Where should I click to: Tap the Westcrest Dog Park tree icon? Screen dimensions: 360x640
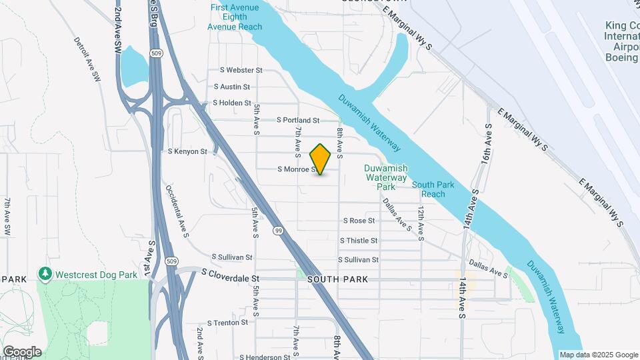point(45,274)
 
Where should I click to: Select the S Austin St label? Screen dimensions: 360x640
point(231,87)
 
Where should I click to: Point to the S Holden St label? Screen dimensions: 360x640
point(231,103)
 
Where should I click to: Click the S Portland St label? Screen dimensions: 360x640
point(298,120)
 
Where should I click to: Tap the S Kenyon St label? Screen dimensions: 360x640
point(187,152)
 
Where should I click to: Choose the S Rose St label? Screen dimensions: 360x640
point(359,220)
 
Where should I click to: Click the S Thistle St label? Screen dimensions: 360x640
point(359,240)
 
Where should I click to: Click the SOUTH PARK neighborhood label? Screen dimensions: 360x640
point(338,280)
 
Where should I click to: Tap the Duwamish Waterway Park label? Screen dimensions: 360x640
point(386,177)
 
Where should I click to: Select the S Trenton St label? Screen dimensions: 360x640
point(227,323)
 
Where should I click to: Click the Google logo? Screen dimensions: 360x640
point(22,351)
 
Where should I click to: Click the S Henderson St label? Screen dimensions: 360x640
point(264,357)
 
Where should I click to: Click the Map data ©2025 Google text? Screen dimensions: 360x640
point(598,355)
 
